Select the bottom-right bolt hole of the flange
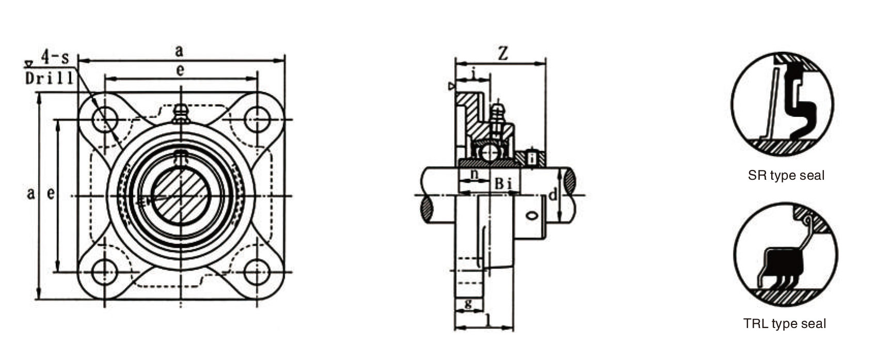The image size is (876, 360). click(257, 272)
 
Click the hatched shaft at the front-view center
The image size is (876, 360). click(180, 195)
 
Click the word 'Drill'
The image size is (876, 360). click(50, 79)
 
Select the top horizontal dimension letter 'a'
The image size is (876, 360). click(179, 51)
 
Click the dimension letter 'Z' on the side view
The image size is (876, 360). click(502, 54)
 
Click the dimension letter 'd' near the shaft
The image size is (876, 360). click(552, 195)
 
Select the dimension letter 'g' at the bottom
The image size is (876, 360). click(468, 303)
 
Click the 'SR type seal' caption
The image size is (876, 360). click(786, 176)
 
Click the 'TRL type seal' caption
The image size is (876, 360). click(784, 324)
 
